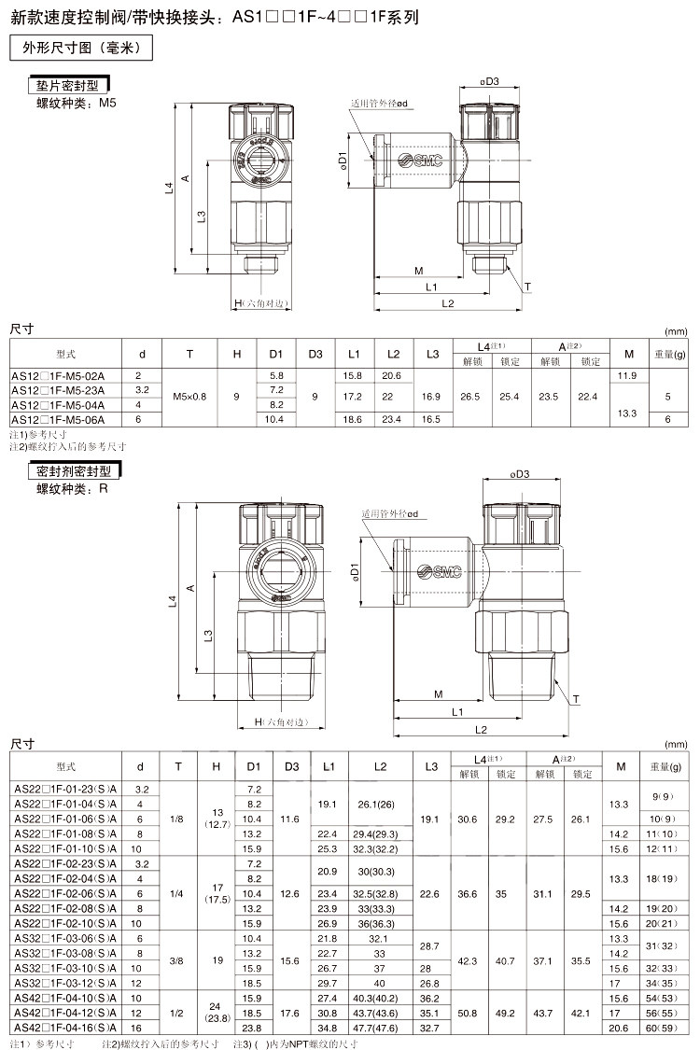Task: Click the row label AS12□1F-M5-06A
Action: click(58, 420)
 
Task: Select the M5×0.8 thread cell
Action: click(189, 397)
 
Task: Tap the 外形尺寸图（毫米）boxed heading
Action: click(81, 48)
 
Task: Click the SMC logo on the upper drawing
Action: click(420, 160)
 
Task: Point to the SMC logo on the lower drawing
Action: click(439, 571)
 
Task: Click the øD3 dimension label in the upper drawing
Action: click(490, 82)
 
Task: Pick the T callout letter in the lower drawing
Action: click(576, 699)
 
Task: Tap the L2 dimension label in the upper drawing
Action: click(447, 303)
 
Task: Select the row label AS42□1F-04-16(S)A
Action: click(65, 1028)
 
